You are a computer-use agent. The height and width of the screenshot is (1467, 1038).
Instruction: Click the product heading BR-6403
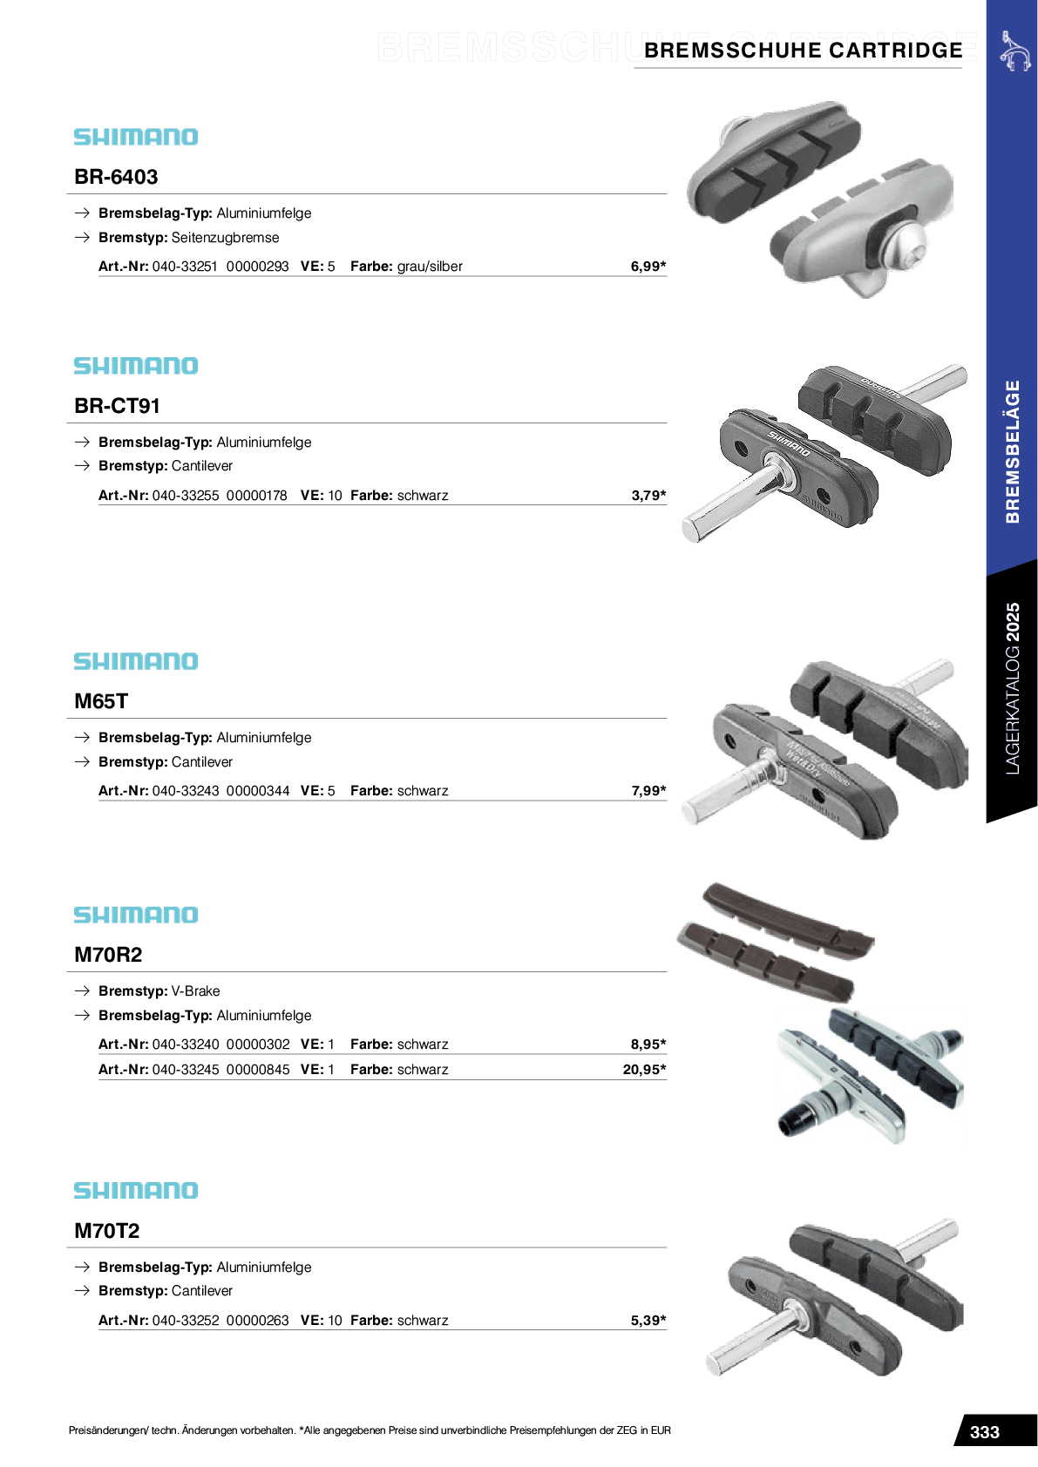pos(116,177)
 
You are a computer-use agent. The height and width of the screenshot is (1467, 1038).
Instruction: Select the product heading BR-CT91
pos(118,406)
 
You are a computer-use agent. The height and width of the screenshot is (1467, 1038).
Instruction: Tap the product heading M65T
pos(101,701)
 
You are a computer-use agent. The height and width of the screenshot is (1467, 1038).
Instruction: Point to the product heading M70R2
pos(108,955)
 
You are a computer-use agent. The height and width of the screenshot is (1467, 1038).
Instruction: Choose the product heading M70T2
pos(107,1231)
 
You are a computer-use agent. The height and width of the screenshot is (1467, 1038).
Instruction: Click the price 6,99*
pos(648,267)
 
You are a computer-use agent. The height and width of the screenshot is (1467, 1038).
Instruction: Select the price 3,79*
pos(648,496)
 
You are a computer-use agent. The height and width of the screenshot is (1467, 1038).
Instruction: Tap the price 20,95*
pos(644,1070)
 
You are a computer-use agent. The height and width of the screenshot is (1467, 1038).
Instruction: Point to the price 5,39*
pos(648,1321)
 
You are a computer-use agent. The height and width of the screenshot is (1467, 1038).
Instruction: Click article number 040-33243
pos(186,791)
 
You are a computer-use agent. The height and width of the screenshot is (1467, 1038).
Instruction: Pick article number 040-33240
pos(186,1044)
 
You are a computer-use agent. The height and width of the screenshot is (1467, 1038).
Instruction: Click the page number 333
pos(984,1432)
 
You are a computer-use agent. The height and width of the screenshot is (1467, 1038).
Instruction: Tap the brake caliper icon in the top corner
pos(1015,51)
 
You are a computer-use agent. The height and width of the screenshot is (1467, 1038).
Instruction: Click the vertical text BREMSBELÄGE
pos(1013,451)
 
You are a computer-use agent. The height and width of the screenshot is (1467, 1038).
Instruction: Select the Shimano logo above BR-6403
pos(136,137)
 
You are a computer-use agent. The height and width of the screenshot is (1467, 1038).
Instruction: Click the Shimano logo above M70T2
pos(136,1191)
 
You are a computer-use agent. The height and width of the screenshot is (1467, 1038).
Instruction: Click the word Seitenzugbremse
pos(225,238)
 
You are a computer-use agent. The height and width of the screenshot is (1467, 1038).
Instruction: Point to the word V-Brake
pos(195,991)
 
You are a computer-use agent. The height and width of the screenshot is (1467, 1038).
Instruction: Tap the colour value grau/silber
pos(430,267)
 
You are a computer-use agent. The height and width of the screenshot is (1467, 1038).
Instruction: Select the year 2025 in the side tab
pos(1013,623)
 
